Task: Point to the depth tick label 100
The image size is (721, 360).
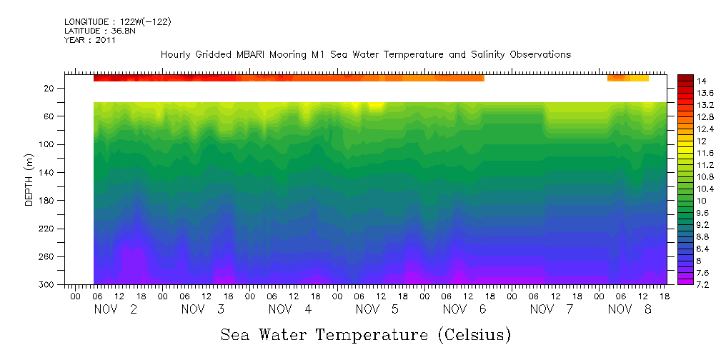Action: (46, 144)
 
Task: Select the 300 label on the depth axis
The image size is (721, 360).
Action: (46, 284)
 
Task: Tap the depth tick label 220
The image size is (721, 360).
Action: (46, 229)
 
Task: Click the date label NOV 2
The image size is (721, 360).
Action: (116, 309)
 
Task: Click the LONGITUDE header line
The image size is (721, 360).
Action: (117, 22)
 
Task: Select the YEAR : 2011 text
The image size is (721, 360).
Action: (89, 40)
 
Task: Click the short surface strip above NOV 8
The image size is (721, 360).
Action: (628, 78)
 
